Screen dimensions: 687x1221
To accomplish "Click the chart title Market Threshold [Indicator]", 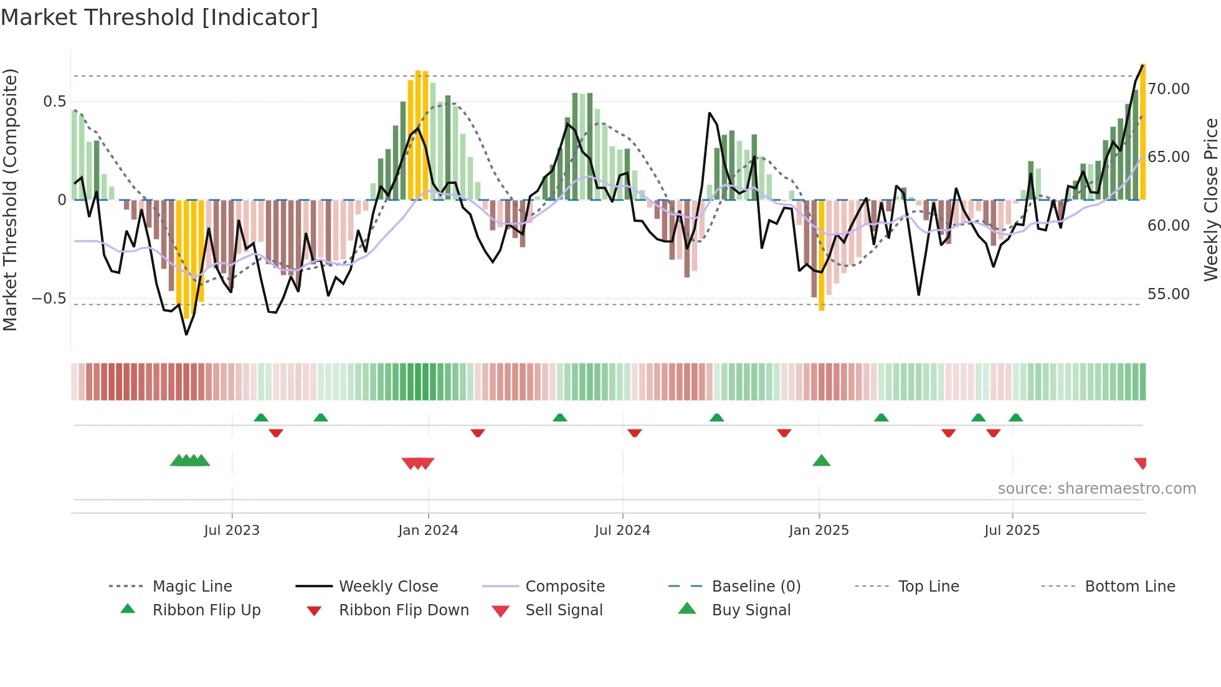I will click(x=159, y=17).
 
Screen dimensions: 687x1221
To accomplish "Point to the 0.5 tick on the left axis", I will click(x=54, y=102).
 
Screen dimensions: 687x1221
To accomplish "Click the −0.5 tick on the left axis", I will click(x=49, y=299).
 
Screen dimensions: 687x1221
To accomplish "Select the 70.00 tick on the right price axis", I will click(x=1169, y=89).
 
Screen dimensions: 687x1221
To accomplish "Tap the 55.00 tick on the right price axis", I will click(x=1169, y=294).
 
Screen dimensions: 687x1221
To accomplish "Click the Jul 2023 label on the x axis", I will click(x=232, y=531).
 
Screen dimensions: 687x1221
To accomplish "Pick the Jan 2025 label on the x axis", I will click(x=819, y=531).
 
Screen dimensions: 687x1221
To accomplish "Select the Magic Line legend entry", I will click(x=192, y=587).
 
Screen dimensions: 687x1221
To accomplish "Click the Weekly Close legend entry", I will click(x=388, y=587).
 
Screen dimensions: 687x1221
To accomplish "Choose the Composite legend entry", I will click(x=565, y=587).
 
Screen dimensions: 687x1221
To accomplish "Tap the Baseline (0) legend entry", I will click(x=756, y=587).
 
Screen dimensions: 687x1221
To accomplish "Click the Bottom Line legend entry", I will click(x=1129, y=587).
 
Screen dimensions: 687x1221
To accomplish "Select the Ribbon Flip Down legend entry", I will click(x=404, y=610).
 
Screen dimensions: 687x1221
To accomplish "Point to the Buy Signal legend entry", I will click(x=751, y=610).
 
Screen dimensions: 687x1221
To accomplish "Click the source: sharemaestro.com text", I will click(x=1096, y=489).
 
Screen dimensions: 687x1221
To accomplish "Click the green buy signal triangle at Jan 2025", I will click(x=821, y=461).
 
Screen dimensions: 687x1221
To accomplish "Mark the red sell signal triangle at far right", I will click(x=1141, y=463).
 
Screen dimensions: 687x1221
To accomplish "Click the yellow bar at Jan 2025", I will click(x=821, y=256).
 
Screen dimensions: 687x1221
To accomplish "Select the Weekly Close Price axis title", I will click(x=1210, y=199).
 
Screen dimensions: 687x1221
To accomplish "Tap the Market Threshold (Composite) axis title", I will click(x=10, y=199).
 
